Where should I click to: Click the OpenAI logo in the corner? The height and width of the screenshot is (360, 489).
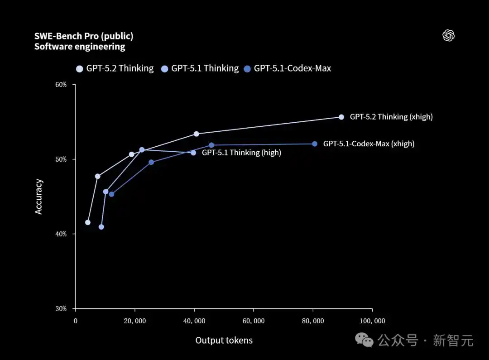click(x=448, y=36)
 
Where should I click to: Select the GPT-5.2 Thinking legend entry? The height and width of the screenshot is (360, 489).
click(x=115, y=68)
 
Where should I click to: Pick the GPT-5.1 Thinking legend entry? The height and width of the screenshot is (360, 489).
click(x=200, y=68)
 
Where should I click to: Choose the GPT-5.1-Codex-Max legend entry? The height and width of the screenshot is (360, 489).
click(x=288, y=68)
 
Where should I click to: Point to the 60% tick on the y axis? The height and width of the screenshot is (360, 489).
click(x=61, y=85)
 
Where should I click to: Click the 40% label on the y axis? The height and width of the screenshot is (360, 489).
click(x=61, y=234)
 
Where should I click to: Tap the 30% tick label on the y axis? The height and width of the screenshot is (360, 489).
click(x=61, y=309)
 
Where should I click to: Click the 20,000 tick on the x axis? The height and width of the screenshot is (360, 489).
click(x=135, y=321)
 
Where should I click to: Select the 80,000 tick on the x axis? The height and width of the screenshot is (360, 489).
click(x=313, y=321)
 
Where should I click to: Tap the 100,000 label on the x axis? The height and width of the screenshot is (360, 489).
click(x=373, y=321)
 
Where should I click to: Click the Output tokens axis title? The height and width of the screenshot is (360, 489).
click(x=224, y=341)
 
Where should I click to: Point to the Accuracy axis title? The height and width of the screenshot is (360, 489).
click(x=39, y=197)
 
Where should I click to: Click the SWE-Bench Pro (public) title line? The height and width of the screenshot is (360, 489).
click(x=84, y=36)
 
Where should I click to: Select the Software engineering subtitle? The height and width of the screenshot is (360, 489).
click(x=80, y=47)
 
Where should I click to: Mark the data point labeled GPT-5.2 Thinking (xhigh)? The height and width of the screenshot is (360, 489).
click(x=341, y=117)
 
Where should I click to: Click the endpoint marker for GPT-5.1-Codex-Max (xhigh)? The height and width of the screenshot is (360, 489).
click(x=315, y=144)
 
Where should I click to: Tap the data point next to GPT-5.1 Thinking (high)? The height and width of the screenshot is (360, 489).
click(x=193, y=153)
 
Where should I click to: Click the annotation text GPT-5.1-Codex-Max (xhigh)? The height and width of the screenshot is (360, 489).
click(x=369, y=144)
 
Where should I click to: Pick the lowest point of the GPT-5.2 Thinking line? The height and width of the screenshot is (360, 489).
click(x=88, y=222)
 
